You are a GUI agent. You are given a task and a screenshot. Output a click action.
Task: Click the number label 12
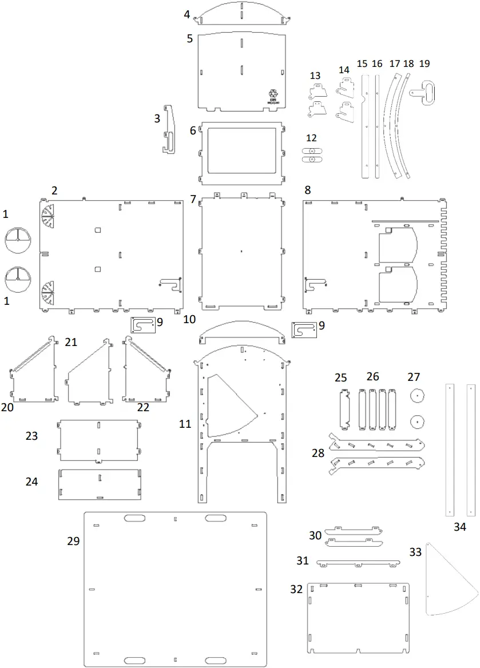[311, 138]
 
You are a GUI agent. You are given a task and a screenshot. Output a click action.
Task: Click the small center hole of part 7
[241, 251]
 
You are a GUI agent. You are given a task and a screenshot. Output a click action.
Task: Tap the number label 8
[308, 190]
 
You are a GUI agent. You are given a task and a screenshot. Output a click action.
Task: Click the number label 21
[71, 342]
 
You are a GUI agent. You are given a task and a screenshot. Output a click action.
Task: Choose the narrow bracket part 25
[345, 408]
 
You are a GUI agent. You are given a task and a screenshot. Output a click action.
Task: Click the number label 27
[414, 377]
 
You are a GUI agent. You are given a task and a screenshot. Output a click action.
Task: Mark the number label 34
[460, 527]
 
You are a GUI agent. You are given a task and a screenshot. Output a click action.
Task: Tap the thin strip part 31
[358, 563]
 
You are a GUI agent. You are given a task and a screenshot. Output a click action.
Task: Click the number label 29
[73, 541]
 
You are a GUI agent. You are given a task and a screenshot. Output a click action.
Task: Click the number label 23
[31, 436]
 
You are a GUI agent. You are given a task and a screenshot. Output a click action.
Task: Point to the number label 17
[395, 63]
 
